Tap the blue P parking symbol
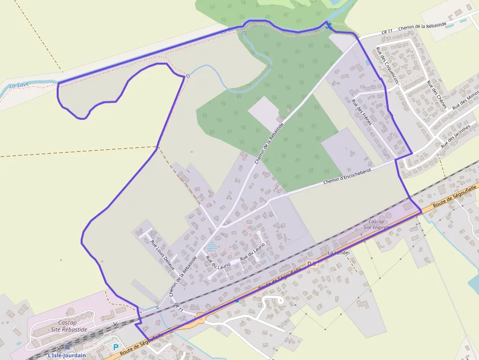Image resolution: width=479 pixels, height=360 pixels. [116, 347]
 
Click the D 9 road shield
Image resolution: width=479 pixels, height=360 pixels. [311, 264]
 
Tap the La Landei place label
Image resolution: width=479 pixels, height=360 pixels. [337, 253]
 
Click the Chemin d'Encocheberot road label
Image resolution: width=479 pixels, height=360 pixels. [347, 176]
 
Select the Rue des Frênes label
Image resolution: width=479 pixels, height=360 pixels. [362, 111]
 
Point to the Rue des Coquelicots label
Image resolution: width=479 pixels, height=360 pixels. [388, 66]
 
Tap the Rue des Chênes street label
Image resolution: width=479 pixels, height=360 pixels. [436, 93]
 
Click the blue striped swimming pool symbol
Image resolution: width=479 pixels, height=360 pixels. [212, 246]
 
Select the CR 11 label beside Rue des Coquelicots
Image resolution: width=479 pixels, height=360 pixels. [387, 32]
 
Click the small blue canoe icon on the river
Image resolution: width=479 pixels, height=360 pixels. [329, 25]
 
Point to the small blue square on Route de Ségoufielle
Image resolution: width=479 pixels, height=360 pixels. [238, 301]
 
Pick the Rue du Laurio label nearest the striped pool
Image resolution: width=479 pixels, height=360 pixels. [211, 261]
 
